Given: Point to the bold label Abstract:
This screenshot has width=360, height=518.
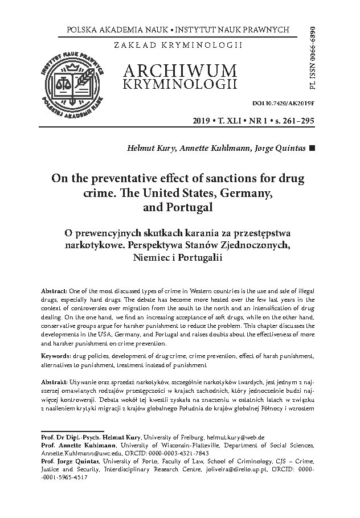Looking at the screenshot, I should coord(55,283).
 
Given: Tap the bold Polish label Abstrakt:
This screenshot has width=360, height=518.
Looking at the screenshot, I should coord(56,380).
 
